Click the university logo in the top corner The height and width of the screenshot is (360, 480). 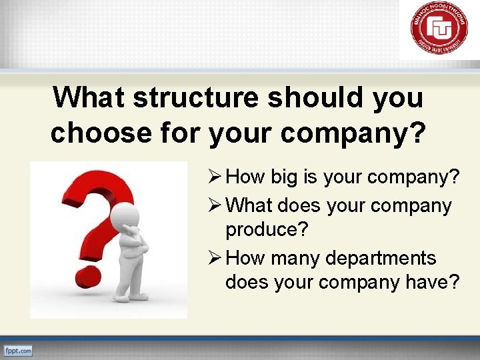pyautogui.click(x=439, y=27)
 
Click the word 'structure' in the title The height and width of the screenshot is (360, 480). pyautogui.click(x=197, y=97)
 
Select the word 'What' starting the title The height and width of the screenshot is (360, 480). pyautogui.click(x=89, y=97)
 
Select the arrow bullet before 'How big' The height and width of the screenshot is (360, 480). pyautogui.click(x=215, y=177)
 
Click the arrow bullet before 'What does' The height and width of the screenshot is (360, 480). pyautogui.click(x=215, y=206)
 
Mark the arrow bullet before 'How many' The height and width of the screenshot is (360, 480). pyautogui.click(x=215, y=258)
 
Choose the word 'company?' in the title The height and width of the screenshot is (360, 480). pyautogui.click(x=353, y=133)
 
